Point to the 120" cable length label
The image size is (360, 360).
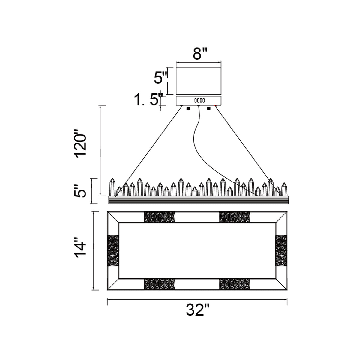[x=81, y=145]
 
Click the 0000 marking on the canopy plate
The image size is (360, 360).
[x=199, y=100]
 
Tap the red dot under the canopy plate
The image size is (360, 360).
[x=215, y=106]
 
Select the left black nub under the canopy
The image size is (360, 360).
[x=188, y=108]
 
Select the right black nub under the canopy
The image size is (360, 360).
[x=209, y=108]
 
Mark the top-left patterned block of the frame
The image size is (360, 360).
[x=159, y=217]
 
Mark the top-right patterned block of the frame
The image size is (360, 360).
[x=235, y=217]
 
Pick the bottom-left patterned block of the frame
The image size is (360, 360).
[x=159, y=284]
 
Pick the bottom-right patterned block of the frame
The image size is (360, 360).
[x=235, y=284]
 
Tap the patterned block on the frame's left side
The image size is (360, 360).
[x=113, y=250]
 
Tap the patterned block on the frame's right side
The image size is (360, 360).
[x=281, y=250]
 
